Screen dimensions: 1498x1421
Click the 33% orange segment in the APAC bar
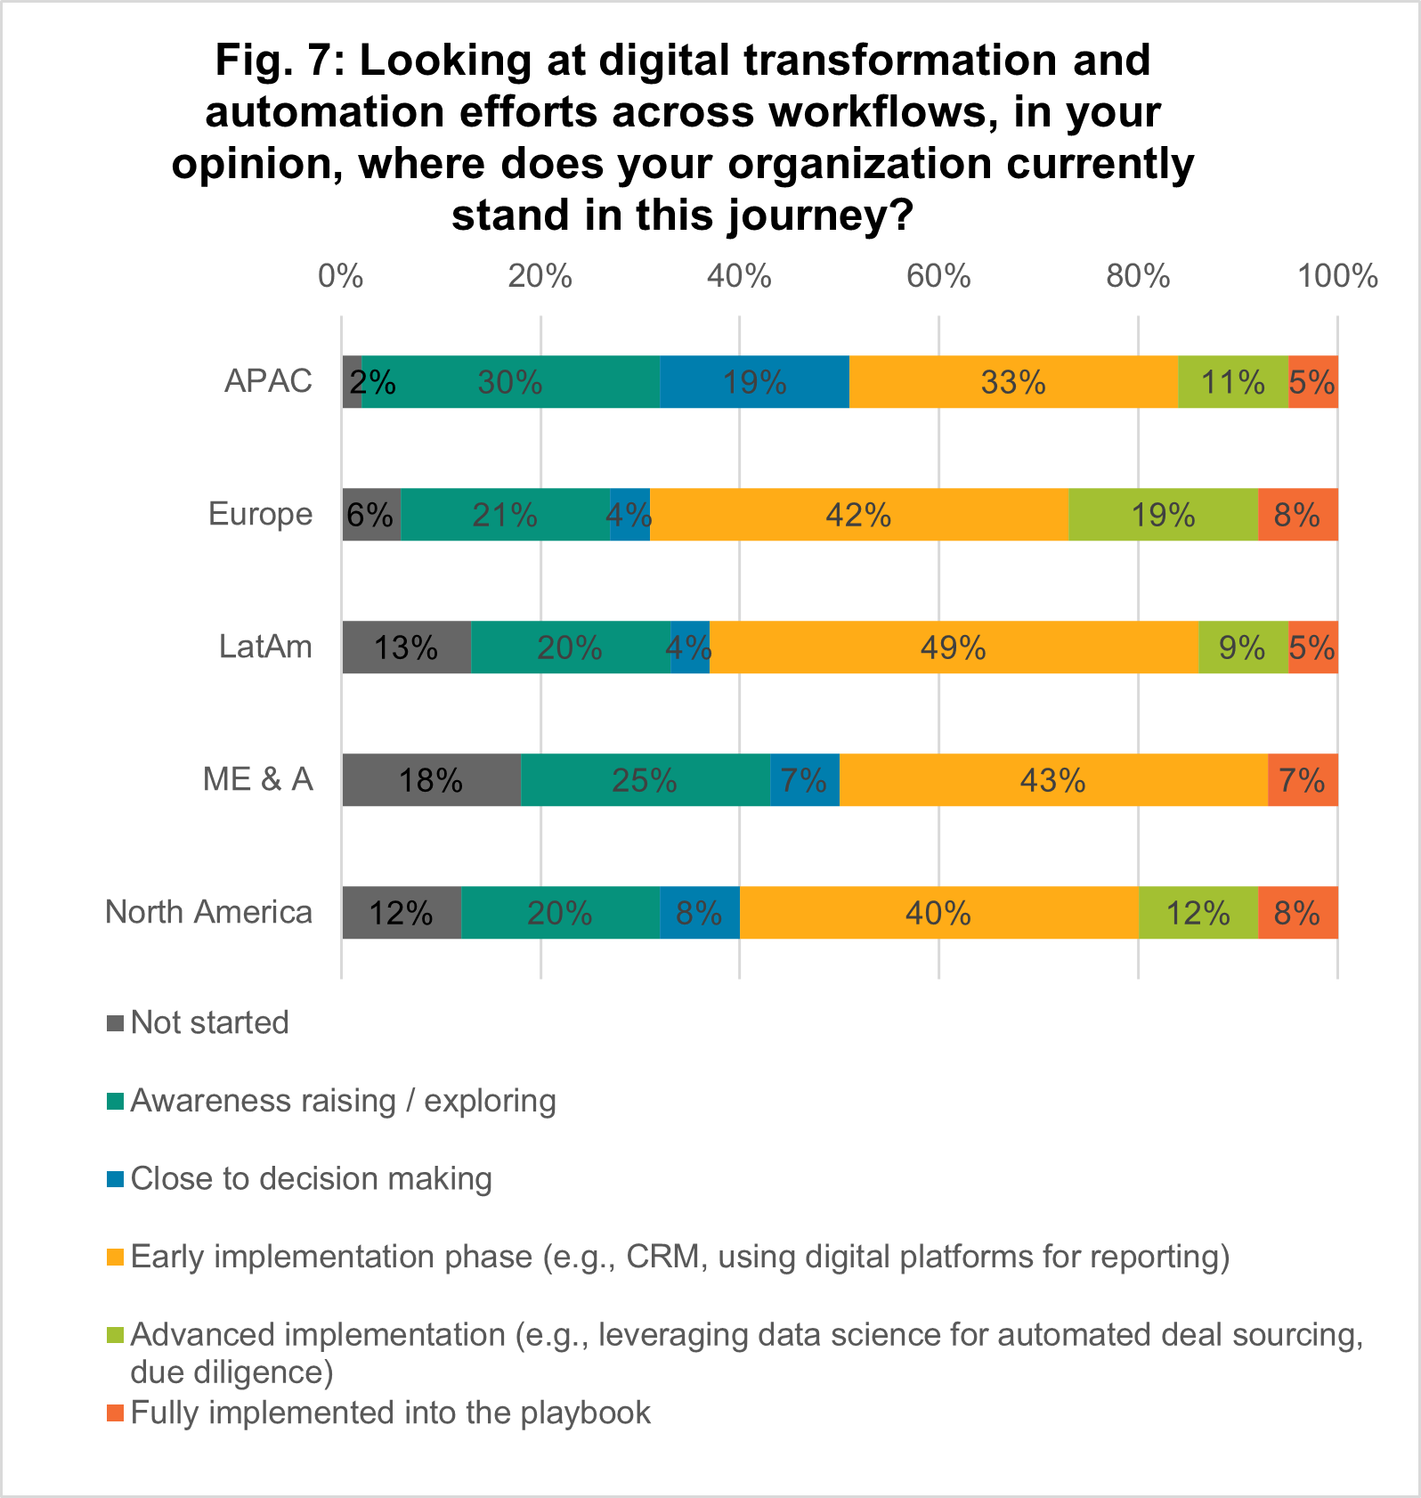pyautogui.click(x=1013, y=382)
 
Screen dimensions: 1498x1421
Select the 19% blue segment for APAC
pyautogui.click(x=754, y=382)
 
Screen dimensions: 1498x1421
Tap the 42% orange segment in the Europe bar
pyautogui.click(x=858, y=515)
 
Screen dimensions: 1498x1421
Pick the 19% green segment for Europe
pyautogui.click(x=1163, y=515)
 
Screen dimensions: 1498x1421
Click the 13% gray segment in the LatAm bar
pyautogui.click(x=406, y=647)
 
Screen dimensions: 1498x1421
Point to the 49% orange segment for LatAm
pyautogui.click(x=954, y=647)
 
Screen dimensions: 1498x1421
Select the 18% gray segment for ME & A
pyautogui.click(x=431, y=780)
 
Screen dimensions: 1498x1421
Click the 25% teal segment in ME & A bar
pyautogui.click(x=645, y=780)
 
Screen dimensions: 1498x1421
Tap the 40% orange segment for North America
pyautogui.click(x=938, y=913)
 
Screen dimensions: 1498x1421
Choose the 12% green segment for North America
pyautogui.click(x=1198, y=913)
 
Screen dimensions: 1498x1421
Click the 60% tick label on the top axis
pyautogui.click(x=938, y=277)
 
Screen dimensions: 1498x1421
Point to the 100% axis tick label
pyautogui.click(x=1337, y=277)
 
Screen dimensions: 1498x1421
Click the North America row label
pyautogui.click(x=208, y=912)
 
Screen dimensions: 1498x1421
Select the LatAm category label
pyautogui.click(x=265, y=647)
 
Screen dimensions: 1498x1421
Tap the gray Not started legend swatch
pyautogui.click(x=115, y=1023)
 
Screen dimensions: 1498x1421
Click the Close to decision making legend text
pyautogui.click(x=311, y=1178)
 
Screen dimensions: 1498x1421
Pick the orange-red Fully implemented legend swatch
pyautogui.click(x=115, y=1413)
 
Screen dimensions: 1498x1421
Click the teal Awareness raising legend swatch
pyautogui.click(x=115, y=1102)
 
